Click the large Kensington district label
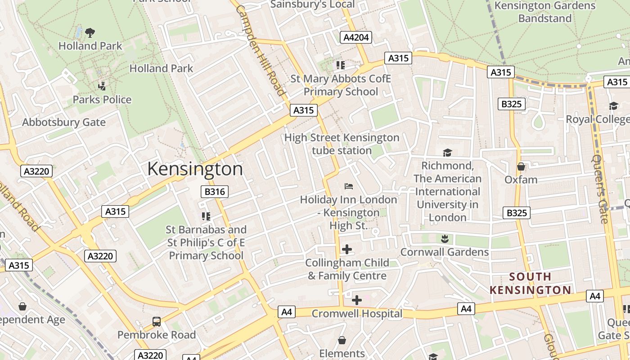coord(195,169)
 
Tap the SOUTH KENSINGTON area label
coord(531,283)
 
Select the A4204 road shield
coord(356,37)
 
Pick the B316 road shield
coord(214,192)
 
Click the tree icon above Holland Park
coord(90,32)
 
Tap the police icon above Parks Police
coord(102,86)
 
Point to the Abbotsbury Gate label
coord(64,122)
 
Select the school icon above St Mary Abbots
coord(341,65)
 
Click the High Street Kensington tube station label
coord(342,144)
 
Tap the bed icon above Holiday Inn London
coord(349,186)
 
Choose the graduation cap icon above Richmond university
coord(447,153)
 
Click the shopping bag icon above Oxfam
coord(521,166)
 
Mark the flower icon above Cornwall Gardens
coord(445,238)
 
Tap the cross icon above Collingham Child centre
coord(347,249)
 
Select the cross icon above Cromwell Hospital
coord(357,300)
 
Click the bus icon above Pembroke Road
coord(157,321)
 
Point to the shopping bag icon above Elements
coord(342,340)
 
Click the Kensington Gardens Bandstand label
coord(545,12)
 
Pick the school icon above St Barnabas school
coord(206,216)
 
